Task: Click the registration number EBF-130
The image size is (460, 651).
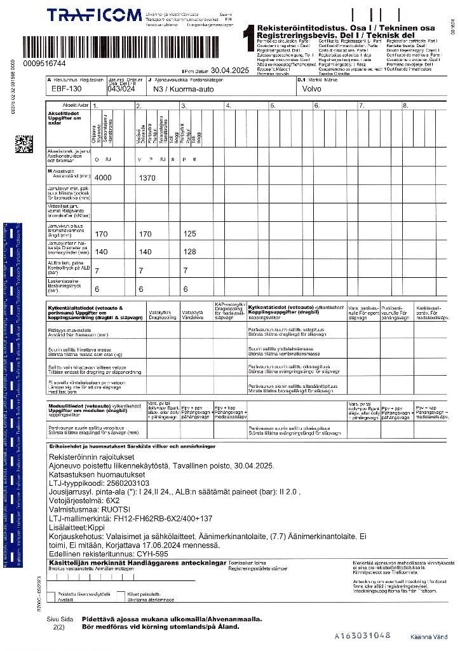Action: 65,90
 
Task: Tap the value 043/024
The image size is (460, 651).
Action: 120,90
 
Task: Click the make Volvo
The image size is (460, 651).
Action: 313,90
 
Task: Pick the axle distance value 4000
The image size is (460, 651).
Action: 102,178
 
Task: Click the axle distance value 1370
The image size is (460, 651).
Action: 147,178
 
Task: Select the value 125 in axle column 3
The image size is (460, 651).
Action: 189,234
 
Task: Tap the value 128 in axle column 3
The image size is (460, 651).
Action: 189,252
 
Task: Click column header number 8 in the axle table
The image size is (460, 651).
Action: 405,106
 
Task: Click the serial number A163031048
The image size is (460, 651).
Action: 362,635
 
